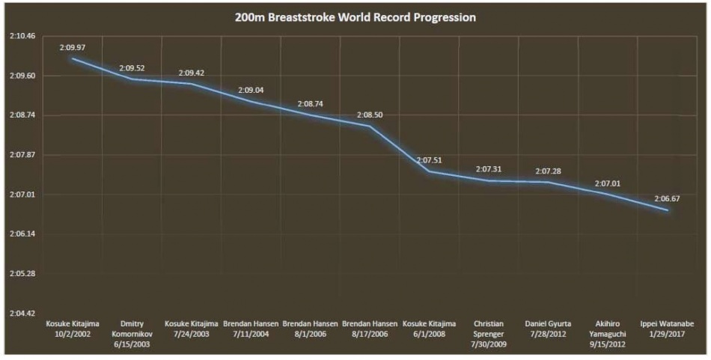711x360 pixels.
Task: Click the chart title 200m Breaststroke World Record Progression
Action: tap(355, 17)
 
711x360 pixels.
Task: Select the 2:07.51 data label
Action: tap(430, 160)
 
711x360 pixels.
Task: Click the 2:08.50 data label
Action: tap(370, 115)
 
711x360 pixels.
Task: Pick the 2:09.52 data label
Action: tap(132, 68)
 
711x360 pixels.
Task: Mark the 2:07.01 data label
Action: tap(608, 183)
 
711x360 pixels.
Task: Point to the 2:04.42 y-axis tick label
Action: tap(22, 313)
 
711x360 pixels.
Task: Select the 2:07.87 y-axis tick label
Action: tap(22, 155)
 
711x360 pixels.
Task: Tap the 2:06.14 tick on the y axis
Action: tap(22, 234)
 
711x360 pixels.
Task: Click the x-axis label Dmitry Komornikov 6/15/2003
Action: tap(132, 334)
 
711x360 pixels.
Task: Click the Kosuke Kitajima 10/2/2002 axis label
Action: tap(73, 329)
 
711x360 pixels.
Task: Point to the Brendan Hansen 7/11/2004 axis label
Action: tap(251, 329)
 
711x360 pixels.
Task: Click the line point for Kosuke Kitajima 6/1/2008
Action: tap(430, 171)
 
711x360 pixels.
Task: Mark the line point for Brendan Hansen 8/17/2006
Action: tap(370, 126)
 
